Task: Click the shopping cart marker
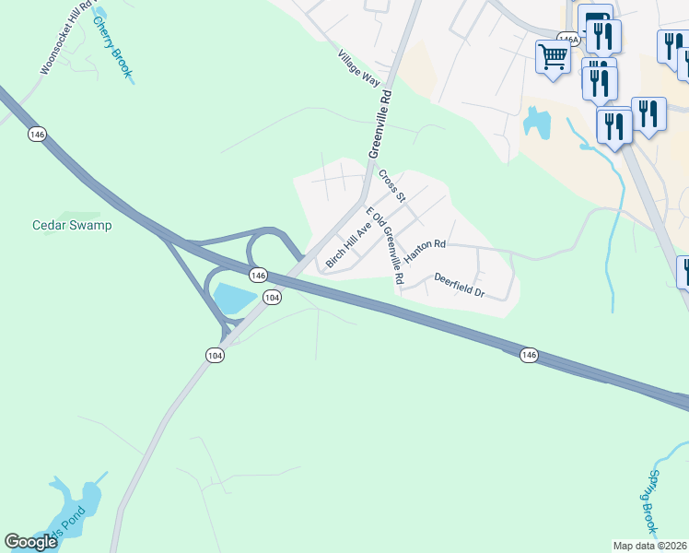(553, 57)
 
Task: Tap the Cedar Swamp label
(72, 225)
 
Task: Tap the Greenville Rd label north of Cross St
(380, 125)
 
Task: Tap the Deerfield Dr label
(459, 285)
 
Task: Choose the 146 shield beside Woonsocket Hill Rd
(37, 135)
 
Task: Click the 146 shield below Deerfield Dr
(528, 355)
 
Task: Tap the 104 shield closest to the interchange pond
(271, 297)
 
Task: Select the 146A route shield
(567, 40)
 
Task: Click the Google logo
(30, 542)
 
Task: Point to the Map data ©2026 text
(650, 546)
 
